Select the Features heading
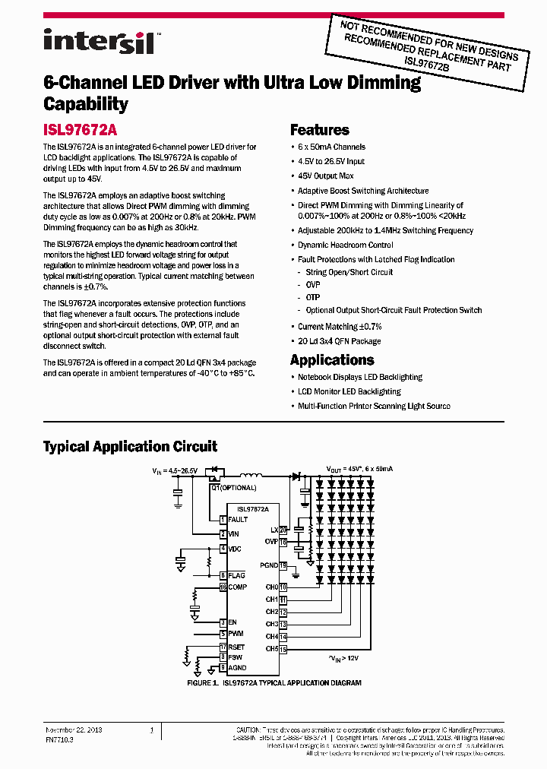coord(320,130)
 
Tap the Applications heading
coord(332,360)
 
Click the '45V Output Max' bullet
coord(325,176)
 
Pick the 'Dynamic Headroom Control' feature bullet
coord(345,245)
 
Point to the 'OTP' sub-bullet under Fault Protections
coord(313,297)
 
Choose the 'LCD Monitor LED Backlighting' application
coord(349,391)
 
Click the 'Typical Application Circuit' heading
coord(130,447)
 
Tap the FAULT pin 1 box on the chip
coord(223,520)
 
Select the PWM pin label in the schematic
coord(236,634)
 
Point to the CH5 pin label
coord(271,649)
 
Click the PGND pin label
coord(269,565)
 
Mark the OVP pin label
coord(270,542)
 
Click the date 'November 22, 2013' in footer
coord(74,729)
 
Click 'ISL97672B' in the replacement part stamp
coord(426,60)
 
